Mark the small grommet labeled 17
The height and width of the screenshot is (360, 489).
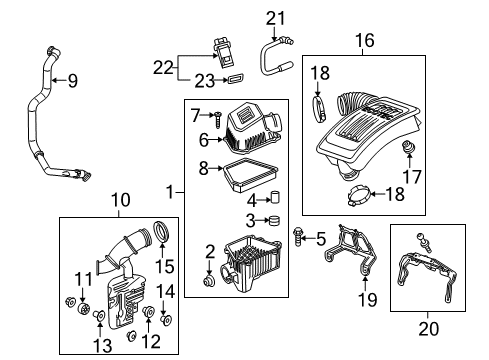click(408, 150)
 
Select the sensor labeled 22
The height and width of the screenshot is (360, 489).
click(225, 49)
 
